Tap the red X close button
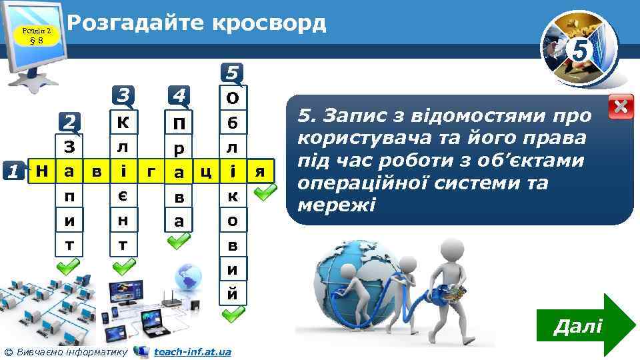[x=621, y=107]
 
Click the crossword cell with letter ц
[x=206, y=171]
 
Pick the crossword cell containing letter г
[x=151, y=171]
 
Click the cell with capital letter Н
[x=41, y=171]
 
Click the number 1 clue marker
[x=13, y=171]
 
